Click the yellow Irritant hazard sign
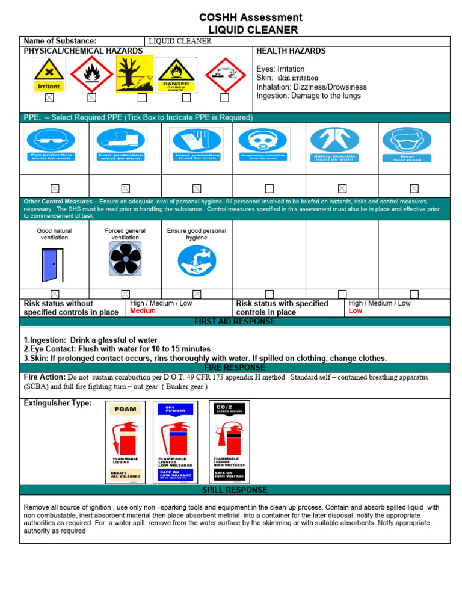pos(49,75)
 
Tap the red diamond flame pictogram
pos(91,75)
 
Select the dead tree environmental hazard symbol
pos(134,75)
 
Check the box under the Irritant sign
pos(49,97)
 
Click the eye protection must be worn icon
pos(51,144)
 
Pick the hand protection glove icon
pos(196,144)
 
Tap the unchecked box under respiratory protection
pos(269,188)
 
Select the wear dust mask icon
pos(414,144)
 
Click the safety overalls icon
pos(342,144)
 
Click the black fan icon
pos(125,259)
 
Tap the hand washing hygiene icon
pos(197,260)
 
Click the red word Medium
pos(143,311)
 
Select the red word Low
pos(356,311)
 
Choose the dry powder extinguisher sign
pos(175,442)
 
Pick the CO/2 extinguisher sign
pos(229,442)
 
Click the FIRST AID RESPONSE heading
pos(235,322)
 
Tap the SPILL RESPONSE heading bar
pos(235,490)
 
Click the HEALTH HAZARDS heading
pos(291,51)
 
